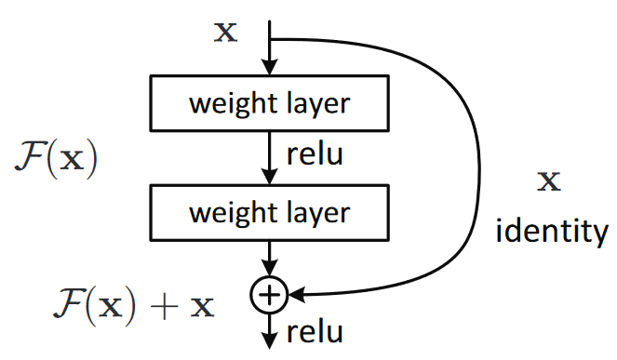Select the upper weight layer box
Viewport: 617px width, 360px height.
[269, 102]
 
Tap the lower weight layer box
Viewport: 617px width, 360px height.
[269, 212]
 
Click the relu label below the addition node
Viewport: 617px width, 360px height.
[313, 331]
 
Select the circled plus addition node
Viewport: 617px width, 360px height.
[268, 295]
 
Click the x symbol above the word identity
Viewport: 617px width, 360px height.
[551, 181]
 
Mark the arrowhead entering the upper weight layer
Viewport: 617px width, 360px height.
[269, 68]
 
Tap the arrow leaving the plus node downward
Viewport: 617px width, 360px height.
[269, 331]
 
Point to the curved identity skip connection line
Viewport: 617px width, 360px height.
[476, 167]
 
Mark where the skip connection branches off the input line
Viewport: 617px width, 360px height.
[269, 40]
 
